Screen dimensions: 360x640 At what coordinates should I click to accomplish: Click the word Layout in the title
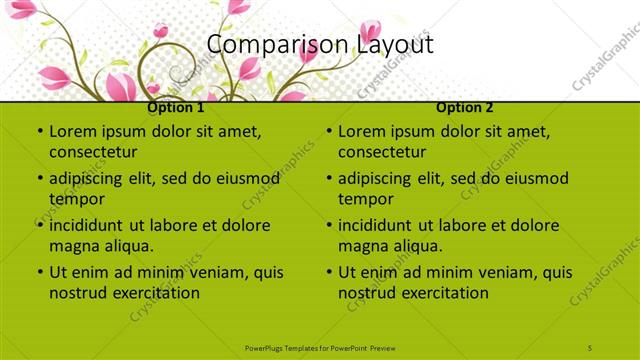tap(396, 45)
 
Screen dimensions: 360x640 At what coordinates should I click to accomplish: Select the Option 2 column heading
tap(465, 107)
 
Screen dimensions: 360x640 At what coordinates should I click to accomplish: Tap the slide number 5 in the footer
tap(591, 347)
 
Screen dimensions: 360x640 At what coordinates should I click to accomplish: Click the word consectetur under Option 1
tap(93, 153)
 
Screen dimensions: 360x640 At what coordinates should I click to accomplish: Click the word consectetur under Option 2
tap(382, 153)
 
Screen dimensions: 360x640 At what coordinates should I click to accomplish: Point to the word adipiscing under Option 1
tap(89, 178)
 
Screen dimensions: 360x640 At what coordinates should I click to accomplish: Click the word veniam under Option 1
tap(206, 272)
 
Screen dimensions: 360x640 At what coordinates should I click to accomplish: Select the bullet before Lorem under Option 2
tap(328, 132)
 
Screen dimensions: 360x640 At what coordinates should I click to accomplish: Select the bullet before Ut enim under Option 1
tap(39, 272)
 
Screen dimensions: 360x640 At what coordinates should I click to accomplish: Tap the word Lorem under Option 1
tap(72, 131)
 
